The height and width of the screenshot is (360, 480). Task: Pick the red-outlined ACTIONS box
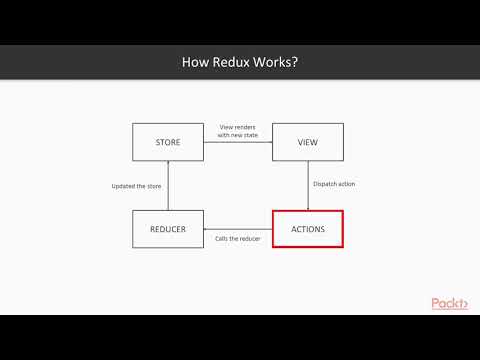(x=308, y=229)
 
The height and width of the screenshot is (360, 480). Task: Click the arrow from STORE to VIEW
(x=238, y=143)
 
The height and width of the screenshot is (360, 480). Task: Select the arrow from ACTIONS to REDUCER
(x=238, y=229)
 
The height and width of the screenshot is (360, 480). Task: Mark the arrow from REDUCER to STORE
(x=168, y=186)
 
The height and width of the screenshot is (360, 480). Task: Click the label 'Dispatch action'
(x=335, y=183)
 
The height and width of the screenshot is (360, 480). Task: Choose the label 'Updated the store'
(x=136, y=186)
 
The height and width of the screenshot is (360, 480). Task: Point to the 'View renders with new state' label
(x=238, y=130)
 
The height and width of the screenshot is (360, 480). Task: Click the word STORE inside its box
(x=168, y=142)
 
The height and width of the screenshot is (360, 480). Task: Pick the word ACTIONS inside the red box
(x=308, y=229)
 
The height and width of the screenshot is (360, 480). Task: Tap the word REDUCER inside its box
(x=168, y=229)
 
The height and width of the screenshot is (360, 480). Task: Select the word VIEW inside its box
(x=308, y=142)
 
